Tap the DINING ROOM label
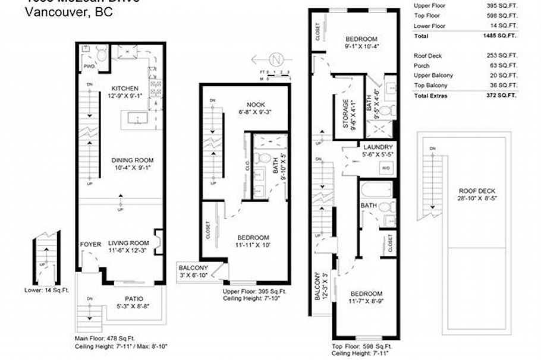coord(134,160)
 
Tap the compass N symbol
coord(275,59)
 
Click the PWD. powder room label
coord(90,67)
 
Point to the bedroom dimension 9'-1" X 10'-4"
coord(361,46)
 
